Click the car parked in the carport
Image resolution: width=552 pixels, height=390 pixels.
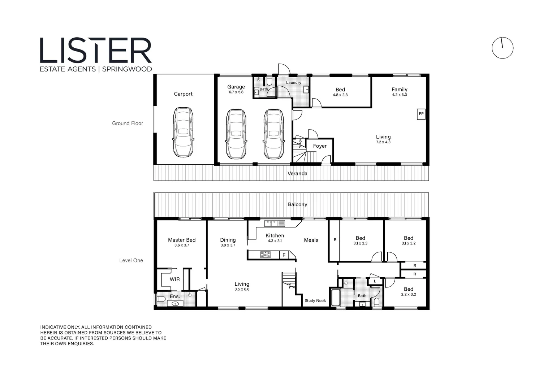point(183,132)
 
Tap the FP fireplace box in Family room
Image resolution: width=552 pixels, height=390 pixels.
point(421,114)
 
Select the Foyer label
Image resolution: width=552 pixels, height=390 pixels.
point(320,146)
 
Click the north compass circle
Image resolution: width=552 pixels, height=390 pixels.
point(503,48)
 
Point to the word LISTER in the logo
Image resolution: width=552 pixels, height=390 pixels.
point(96,51)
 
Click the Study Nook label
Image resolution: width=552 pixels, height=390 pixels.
point(315,300)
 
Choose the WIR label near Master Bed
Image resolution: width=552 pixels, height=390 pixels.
point(175,279)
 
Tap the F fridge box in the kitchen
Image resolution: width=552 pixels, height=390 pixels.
point(284,255)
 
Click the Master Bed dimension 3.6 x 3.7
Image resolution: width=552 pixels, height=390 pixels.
point(182,245)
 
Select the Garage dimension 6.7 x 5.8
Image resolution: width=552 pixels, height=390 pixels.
point(236,92)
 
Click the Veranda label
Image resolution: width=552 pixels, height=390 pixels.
point(297,173)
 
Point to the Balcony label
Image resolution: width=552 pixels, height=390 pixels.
point(297,204)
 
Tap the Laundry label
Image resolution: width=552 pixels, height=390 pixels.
point(294,82)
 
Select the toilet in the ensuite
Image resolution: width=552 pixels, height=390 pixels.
point(161,299)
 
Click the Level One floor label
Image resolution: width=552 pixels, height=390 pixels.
point(131,260)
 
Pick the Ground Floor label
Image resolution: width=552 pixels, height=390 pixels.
point(128,123)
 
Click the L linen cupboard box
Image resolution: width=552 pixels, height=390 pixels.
point(375,281)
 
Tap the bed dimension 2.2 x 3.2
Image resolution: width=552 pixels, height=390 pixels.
point(409,294)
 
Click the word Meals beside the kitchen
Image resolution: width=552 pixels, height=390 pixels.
point(311,240)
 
